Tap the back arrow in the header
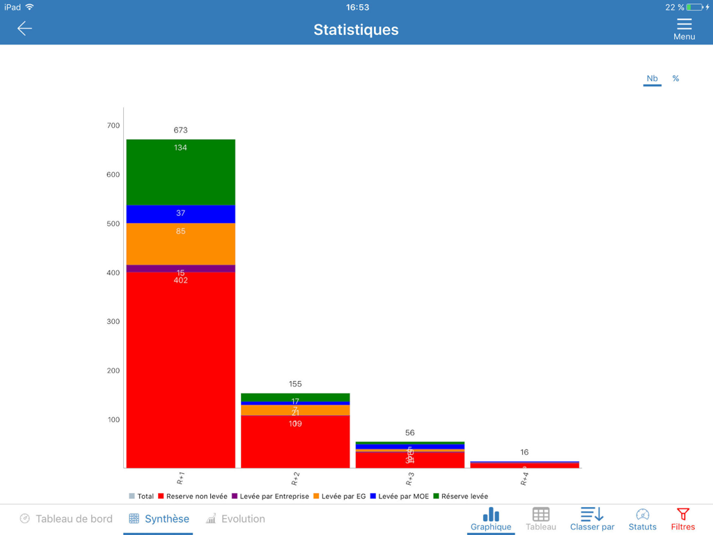pos(24,29)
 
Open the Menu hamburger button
pos(684,29)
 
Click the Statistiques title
pos(356,30)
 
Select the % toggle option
pos(675,79)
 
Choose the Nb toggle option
pos(652,79)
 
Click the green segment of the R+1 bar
pos(180,172)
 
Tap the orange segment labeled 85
pos(180,243)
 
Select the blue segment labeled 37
pos(180,214)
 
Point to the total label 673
pos(180,130)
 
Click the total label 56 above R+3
pos(409,433)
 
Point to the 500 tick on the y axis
pos(113,224)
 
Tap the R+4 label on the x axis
pos(524,478)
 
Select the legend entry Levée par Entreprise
pos(270,497)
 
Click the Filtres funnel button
pos(682,519)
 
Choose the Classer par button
pos(592,519)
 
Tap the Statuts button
pos(642,519)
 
